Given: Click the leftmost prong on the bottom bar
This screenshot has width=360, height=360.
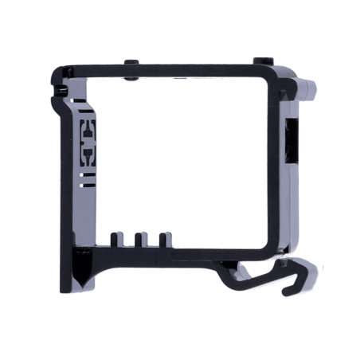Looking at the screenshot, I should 115,240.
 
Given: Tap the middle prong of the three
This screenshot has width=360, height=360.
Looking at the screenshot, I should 141,240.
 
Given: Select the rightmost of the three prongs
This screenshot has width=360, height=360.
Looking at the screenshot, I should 166,240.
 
